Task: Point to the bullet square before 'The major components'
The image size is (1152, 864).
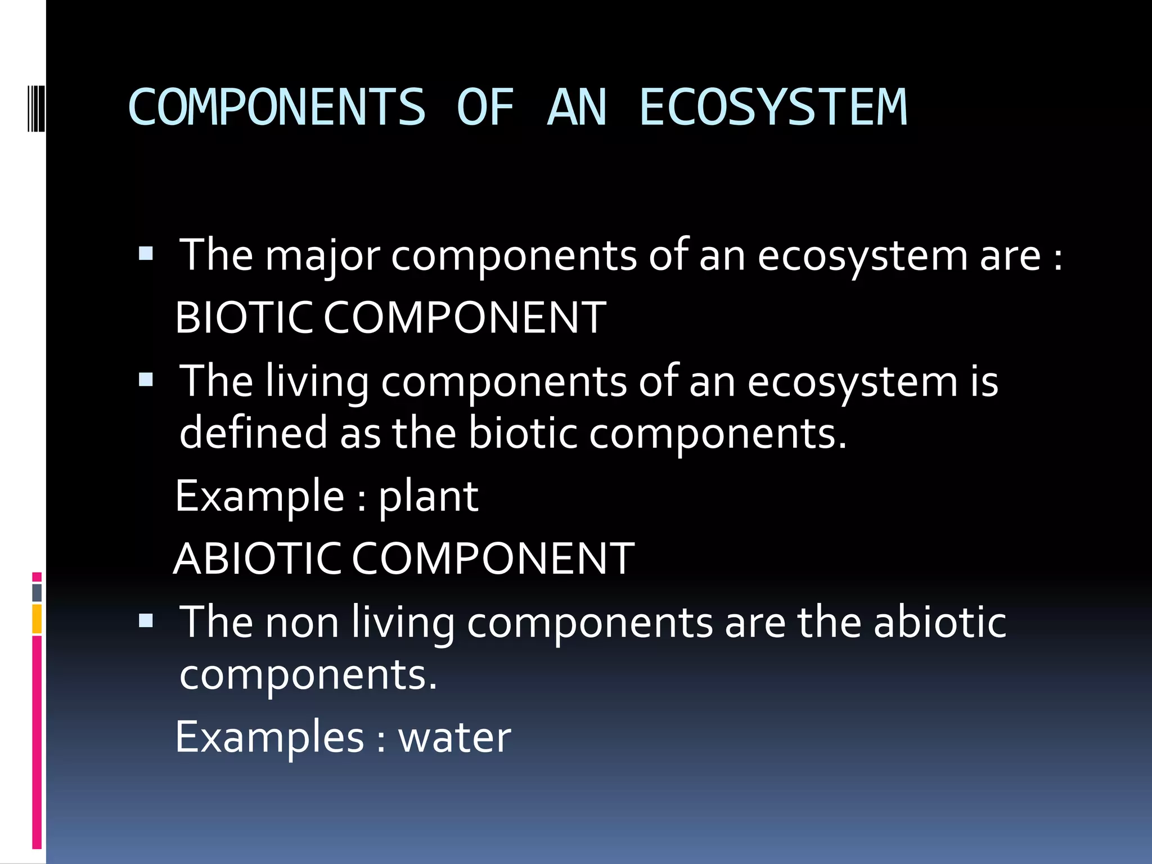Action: tap(146, 254)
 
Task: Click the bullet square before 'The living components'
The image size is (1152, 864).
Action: tap(146, 380)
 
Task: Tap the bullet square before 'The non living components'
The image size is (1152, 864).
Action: tap(146, 621)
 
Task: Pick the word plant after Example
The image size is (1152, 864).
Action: tap(427, 497)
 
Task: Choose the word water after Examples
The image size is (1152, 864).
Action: tap(454, 737)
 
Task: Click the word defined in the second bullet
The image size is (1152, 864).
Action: tap(253, 433)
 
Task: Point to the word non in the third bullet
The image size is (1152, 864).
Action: tap(302, 623)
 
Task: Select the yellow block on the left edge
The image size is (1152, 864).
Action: tap(37, 619)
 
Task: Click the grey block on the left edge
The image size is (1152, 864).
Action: tap(37, 592)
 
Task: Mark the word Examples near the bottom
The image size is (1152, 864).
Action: tap(269, 737)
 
